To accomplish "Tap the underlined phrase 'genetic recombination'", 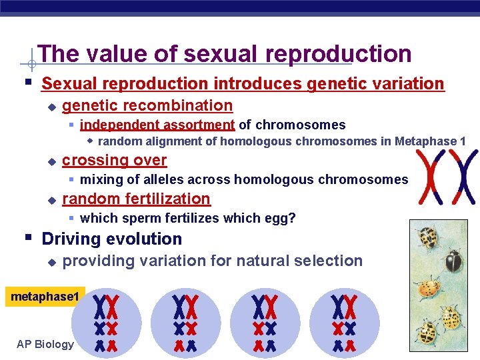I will point(147,105).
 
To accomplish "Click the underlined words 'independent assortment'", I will point(157,125).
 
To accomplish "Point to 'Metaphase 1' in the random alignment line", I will point(430,141).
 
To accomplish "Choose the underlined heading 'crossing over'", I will point(114,160).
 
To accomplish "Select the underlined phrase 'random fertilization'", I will point(136,199).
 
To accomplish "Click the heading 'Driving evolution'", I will point(111,239).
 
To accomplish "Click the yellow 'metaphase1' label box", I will point(44,296).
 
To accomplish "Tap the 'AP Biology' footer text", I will point(45,344).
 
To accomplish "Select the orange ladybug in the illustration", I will point(429,288).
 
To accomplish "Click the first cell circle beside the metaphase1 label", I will point(107,323).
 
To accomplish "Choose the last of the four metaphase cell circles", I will point(345,323).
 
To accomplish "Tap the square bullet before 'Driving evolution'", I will point(27,238).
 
